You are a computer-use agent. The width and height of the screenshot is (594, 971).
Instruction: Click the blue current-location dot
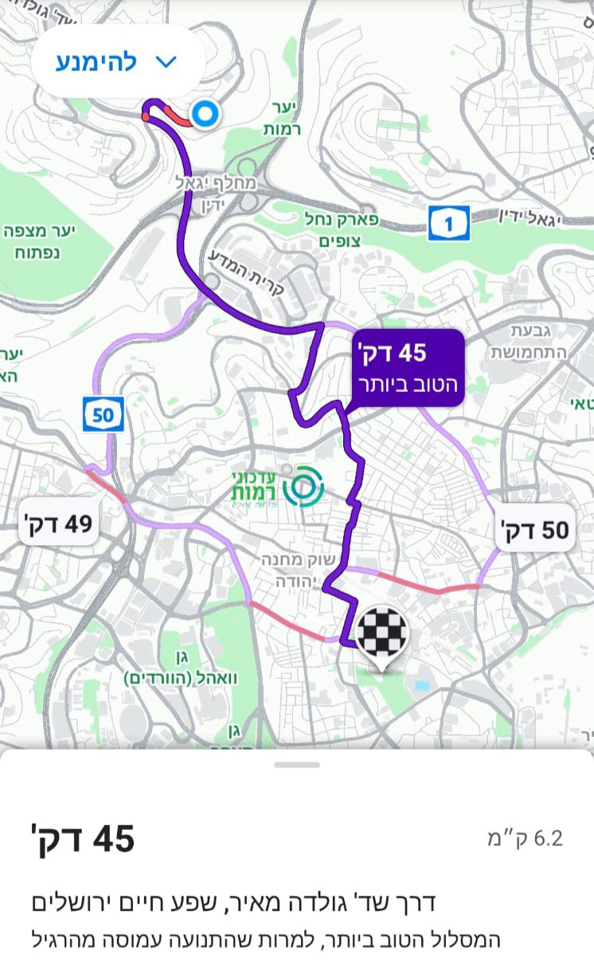point(205,115)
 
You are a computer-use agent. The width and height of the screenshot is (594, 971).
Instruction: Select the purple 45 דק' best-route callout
point(406,367)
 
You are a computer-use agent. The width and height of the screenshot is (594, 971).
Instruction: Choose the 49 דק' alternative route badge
point(58,524)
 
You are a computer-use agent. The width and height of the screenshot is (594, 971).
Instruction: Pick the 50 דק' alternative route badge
point(534,528)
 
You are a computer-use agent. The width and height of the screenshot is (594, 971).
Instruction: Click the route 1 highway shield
point(448,224)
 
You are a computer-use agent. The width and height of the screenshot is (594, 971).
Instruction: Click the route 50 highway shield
point(104,414)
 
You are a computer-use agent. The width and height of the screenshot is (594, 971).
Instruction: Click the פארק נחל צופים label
point(341,229)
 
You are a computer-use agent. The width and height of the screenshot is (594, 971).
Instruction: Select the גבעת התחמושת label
point(528,341)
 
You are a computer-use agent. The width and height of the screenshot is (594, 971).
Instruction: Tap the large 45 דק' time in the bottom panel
point(83,839)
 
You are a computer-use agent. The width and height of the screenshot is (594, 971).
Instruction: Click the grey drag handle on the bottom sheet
point(297,765)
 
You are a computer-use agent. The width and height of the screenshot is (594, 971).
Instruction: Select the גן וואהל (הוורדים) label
point(182,668)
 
